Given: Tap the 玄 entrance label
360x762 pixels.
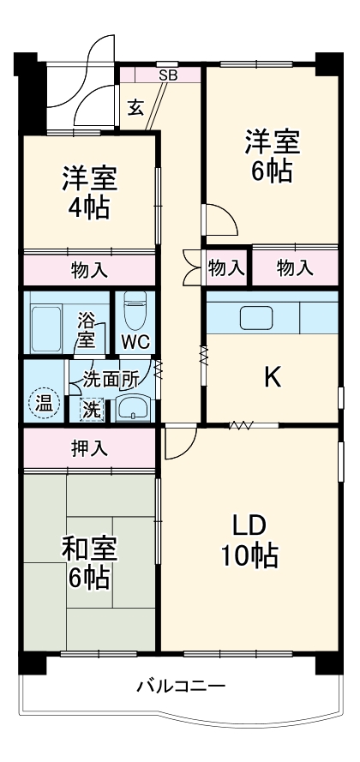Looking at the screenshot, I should tap(135, 107).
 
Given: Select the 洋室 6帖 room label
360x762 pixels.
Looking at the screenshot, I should tap(270, 154).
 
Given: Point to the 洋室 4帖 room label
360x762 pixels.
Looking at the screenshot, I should tap(89, 193).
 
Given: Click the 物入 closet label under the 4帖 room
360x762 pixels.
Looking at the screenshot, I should tap(89, 269).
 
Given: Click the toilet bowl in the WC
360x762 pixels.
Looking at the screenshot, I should tap(135, 311).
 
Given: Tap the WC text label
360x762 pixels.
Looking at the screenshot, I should tap(135, 341).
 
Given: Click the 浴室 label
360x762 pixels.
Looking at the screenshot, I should tap(87, 332).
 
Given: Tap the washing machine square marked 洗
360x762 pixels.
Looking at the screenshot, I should tap(90, 409).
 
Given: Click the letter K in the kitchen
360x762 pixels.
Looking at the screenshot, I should tap(272, 377).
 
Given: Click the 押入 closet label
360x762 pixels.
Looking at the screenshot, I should tap(89, 447).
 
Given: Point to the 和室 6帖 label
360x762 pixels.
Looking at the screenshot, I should tap(89, 563).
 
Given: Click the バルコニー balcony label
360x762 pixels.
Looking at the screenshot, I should tap(181, 687).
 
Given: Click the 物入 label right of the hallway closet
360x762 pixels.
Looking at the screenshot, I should tap(294, 268).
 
